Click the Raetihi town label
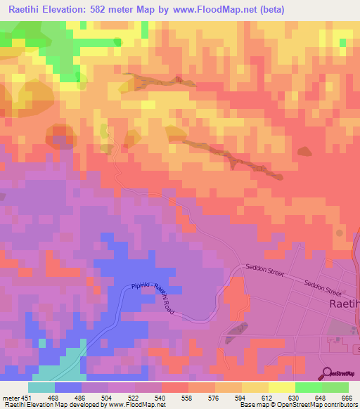tap(344, 304)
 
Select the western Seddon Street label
tap(264, 271)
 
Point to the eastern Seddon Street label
tap(323, 287)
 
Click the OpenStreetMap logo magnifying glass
tap(326, 373)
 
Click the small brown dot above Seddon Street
tap(339, 233)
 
